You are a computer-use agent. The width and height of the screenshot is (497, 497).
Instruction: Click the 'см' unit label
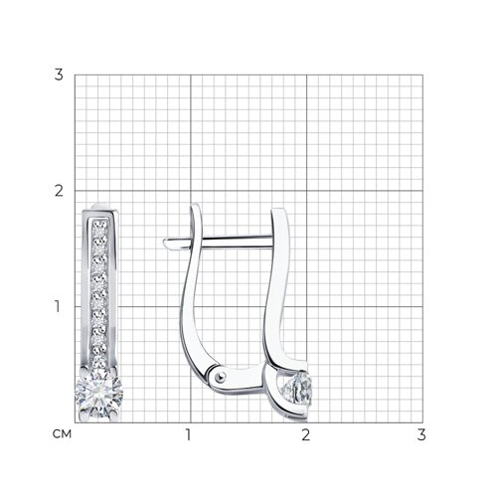coord(62,434)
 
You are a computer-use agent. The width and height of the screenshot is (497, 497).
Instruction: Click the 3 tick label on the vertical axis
coord(59,76)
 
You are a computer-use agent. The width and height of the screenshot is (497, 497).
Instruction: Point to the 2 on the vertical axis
coord(59,191)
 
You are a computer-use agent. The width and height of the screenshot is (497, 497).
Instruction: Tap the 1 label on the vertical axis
coord(58,306)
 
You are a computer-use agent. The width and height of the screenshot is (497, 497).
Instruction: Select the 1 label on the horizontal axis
coord(189,434)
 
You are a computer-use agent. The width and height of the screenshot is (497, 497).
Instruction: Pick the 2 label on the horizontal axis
coord(305,434)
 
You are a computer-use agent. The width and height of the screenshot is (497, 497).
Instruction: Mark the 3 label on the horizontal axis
coord(421,434)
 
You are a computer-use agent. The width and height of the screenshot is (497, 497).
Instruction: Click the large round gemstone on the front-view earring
coord(98,393)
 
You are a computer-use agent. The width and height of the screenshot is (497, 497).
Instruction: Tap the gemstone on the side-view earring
coord(297,388)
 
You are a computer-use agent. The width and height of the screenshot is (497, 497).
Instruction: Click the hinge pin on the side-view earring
coord(220,376)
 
